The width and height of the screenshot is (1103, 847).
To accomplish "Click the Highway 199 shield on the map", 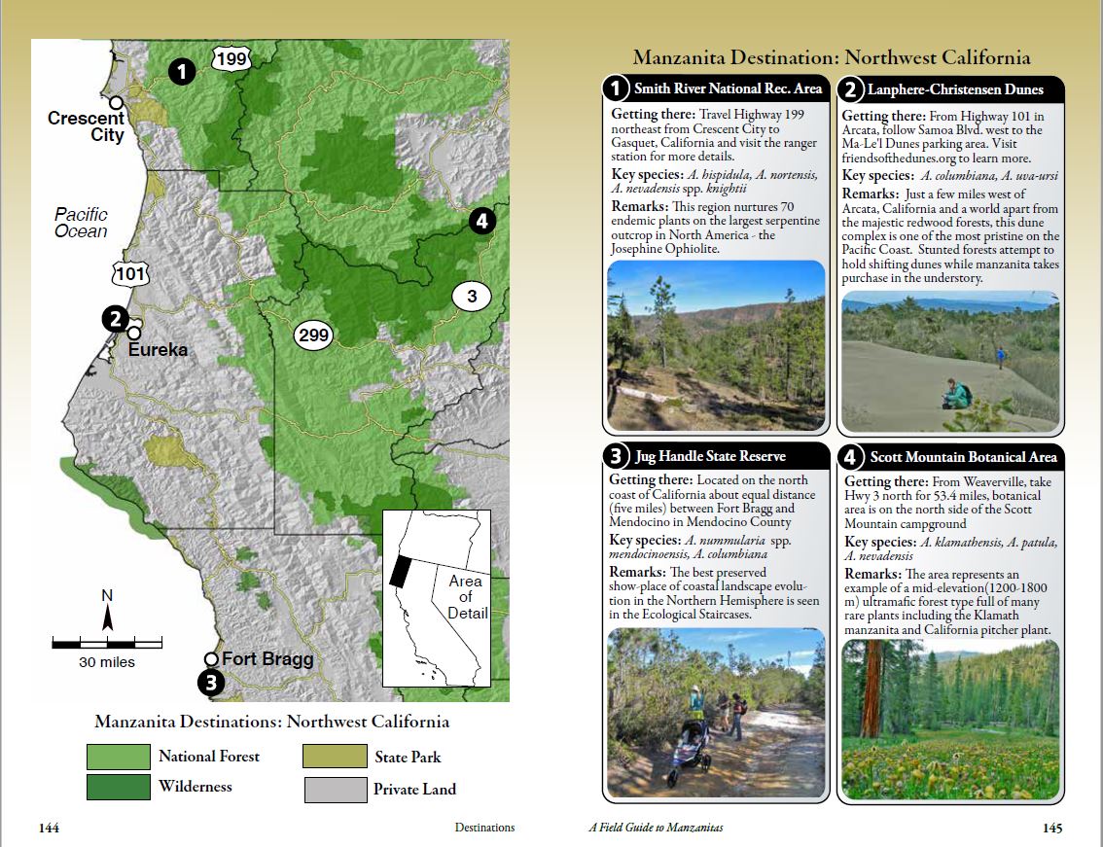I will click(x=232, y=59).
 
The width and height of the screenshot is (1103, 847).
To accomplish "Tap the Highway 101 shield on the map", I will click(x=129, y=273).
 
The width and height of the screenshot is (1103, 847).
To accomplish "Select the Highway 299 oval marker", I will click(x=314, y=335).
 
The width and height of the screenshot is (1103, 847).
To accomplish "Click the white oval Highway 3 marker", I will click(x=472, y=297).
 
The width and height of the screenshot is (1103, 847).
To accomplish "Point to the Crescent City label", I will click(x=87, y=126).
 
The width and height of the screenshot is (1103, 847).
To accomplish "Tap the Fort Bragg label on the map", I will click(x=267, y=658).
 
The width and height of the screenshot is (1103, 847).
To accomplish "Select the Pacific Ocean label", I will click(x=81, y=223).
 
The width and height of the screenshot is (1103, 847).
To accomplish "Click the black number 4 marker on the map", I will click(x=481, y=221).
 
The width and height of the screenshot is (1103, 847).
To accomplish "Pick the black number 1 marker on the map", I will click(x=182, y=70).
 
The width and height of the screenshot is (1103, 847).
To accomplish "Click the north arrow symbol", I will click(x=108, y=614).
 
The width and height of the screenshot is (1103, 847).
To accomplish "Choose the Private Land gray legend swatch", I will click(x=333, y=789).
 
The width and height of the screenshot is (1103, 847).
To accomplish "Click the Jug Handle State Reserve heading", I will click(x=709, y=455).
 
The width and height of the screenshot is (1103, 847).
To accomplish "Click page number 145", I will click(x=1051, y=829).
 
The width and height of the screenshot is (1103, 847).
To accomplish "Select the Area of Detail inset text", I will click(x=466, y=597).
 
